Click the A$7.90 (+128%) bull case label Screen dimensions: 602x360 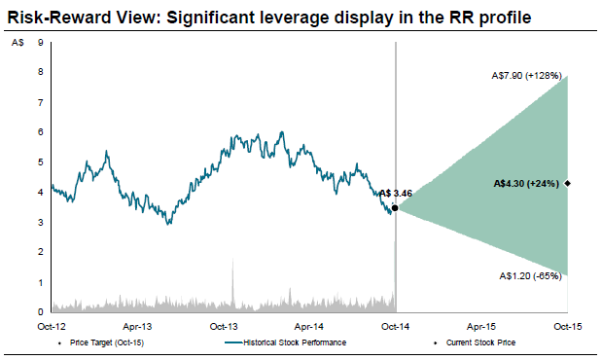(x=527, y=76)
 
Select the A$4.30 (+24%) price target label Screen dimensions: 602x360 (x=526, y=184)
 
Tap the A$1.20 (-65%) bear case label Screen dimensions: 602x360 (x=531, y=276)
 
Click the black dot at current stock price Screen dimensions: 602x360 (x=395, y=208)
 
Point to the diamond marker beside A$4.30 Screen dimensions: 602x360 (x=567, y=184)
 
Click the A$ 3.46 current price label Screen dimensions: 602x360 (x=396, y=194)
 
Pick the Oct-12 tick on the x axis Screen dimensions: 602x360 (x=52, y=327)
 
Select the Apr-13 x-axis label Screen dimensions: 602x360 (x=137, y=327)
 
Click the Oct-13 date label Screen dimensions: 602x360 (x=224, y=327)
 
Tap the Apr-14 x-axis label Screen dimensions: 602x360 (x=309, y=327)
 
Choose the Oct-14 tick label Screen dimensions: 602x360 (x=395, y=327)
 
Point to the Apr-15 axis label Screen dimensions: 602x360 (x=481, y=327)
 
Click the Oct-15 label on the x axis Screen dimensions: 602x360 (x=567, y=327)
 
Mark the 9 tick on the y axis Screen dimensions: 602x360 (x=40, y=43)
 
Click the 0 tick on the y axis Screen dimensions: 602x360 (x=40, y=312)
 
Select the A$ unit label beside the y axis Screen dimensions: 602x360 (x=18, y=43)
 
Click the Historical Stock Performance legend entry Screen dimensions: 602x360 (x=286, y=342)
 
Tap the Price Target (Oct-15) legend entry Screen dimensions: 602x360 (x=101, y=342)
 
